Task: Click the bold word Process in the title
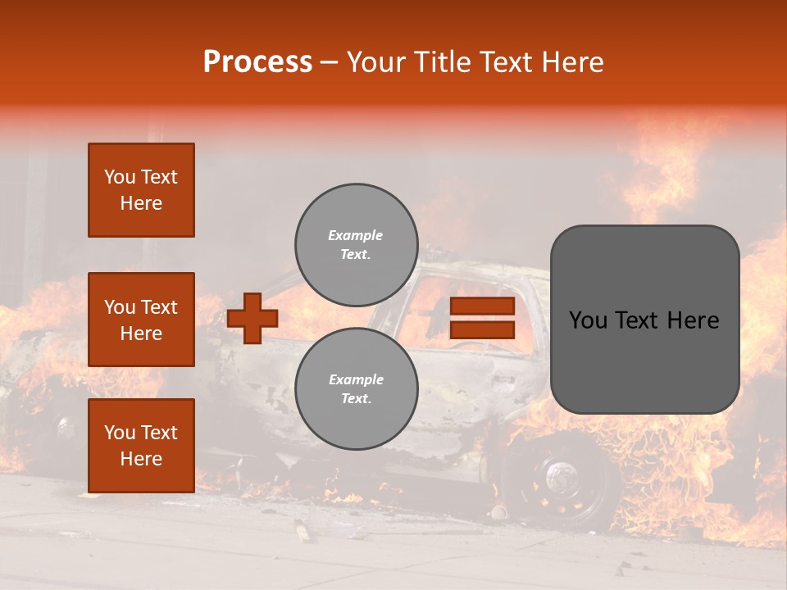click(257, 62)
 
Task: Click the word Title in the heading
click(441, 62)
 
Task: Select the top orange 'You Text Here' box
click(141, 190)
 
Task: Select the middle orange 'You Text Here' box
click(141, 320)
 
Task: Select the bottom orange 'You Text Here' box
click(141, 446)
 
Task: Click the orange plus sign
click(252, 318)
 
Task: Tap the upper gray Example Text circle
click(357, 245)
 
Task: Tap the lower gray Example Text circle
click(357, 389)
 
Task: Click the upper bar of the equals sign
click(482, 306)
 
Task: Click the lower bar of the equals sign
click(482, 330)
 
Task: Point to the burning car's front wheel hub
click(561, 475)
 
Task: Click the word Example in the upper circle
click(355, 236)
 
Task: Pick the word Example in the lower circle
click(355, 380)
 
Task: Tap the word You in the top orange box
click(120, 177)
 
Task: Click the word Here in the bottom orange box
click(141, 459)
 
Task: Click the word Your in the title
click(375, 62)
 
